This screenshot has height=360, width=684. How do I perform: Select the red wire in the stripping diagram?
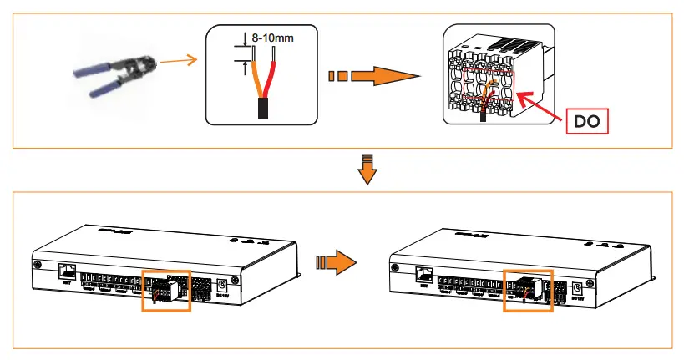268,79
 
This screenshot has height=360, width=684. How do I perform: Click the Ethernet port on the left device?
68,271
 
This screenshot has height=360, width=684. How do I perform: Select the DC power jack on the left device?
221,286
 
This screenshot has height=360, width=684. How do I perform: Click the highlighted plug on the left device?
166,290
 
